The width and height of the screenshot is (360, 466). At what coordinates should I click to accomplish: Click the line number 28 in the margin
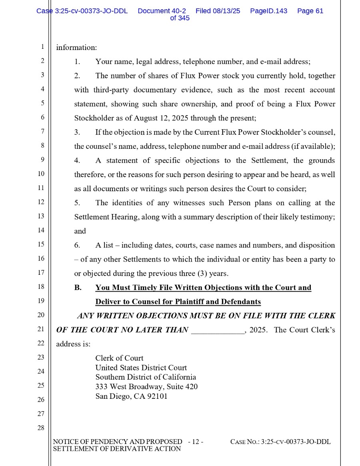click(41, 428)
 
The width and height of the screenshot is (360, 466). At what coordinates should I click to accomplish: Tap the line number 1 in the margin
click(42, 47)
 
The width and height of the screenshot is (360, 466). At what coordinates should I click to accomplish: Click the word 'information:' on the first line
click(76, 48)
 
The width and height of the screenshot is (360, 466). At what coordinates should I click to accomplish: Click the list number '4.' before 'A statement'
click(77, 161)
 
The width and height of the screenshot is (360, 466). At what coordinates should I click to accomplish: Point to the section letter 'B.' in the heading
click(78, 288)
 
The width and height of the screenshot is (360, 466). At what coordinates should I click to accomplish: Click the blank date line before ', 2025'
click(218, 330)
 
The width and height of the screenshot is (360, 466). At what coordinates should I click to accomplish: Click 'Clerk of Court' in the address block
click(119, 358)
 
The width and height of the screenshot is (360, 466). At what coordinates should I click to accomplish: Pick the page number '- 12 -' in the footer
click(196, 442)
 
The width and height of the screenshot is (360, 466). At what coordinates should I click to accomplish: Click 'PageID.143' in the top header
click(268, 11)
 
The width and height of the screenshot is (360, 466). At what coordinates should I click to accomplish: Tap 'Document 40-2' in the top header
click(162, 11)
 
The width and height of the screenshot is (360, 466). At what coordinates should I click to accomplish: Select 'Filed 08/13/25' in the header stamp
click(218, 11)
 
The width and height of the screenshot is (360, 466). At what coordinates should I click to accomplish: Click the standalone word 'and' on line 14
click(80, 231)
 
